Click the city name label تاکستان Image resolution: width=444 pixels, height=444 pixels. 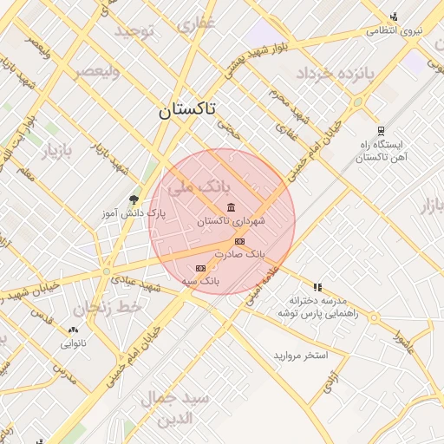pos(189,111)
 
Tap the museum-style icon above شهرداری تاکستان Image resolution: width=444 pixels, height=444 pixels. pos(231,206)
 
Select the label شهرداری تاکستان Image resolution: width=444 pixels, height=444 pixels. pos(230,221)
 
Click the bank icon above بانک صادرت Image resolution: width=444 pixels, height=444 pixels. pos(239,241)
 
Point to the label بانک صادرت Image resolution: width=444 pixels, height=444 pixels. pos(244,255)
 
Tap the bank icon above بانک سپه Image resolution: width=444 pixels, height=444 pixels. pos(201,268)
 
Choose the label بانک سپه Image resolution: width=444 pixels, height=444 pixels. pos(201,282)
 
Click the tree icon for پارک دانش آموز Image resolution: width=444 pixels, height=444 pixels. pos(133,199)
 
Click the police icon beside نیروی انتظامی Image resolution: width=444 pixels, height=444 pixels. pos(394,16)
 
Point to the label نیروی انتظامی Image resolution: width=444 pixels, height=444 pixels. pos(395,30)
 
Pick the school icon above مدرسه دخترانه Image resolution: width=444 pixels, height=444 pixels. pos(317,286)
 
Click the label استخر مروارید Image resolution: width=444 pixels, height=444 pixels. pos(301,356)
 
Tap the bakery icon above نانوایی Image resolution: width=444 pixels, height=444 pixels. pos(73,330)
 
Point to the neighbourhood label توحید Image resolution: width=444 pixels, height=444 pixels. pos(135,32)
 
